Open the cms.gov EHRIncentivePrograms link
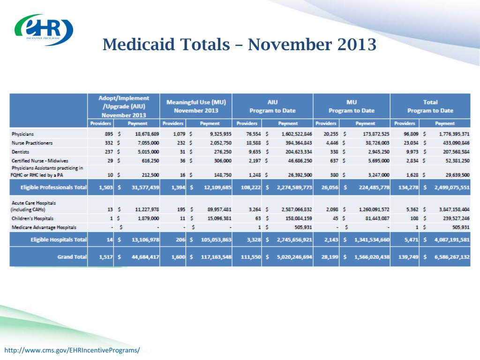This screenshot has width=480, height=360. pyautogui.click(x=72, y=351)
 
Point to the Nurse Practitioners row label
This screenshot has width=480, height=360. pyautogui.click(x=32, y=142)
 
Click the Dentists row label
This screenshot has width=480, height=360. pyautogui.click(x=21, y=152)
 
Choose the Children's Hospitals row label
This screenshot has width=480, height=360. pyautogui.click(x=33, y=218)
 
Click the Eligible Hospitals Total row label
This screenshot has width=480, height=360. pyautogui.click(x=59, y=240)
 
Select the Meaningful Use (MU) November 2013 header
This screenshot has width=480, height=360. pyautogui.click(x=196, y=106)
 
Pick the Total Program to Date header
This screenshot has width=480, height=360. pyautogui.click(x=430, y=106)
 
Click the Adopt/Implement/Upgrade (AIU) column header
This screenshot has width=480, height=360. pyautogui.click(x=124, y=106)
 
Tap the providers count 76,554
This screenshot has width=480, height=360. pyautogui.click(x=251, y=134)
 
